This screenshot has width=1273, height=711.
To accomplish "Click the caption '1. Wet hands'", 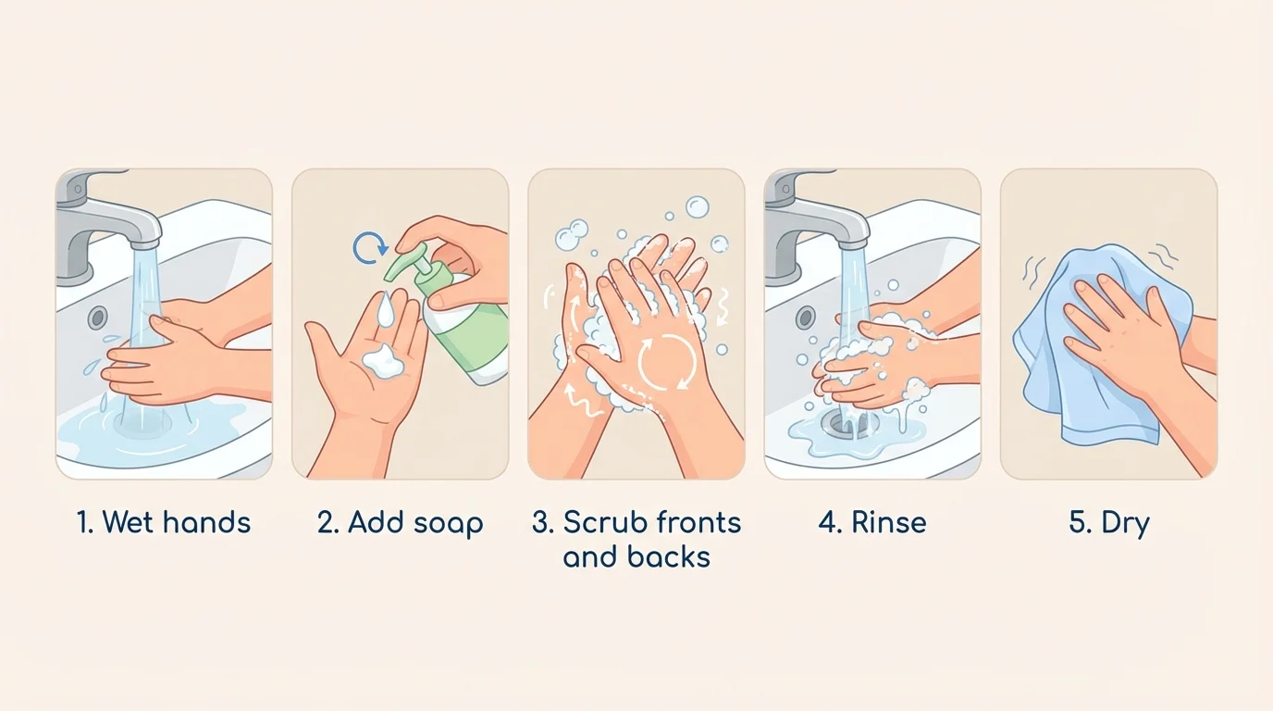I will [x=164, y=522].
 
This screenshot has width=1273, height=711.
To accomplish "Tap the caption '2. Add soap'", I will [x=400, y=522].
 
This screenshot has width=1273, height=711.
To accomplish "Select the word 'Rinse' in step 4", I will [x=888, y=522].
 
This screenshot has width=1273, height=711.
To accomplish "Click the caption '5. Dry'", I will [x=1108, y=522].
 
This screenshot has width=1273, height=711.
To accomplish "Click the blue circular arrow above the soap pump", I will [x=369, y=247].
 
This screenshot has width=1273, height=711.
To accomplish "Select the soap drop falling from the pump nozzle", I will [x=386, y=308].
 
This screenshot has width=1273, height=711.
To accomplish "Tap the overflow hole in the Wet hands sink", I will [x=96, y=318].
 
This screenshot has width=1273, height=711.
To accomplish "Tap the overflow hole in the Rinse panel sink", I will [x=805, y=318].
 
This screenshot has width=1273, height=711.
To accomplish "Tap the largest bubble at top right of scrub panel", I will [x=698, y=206].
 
